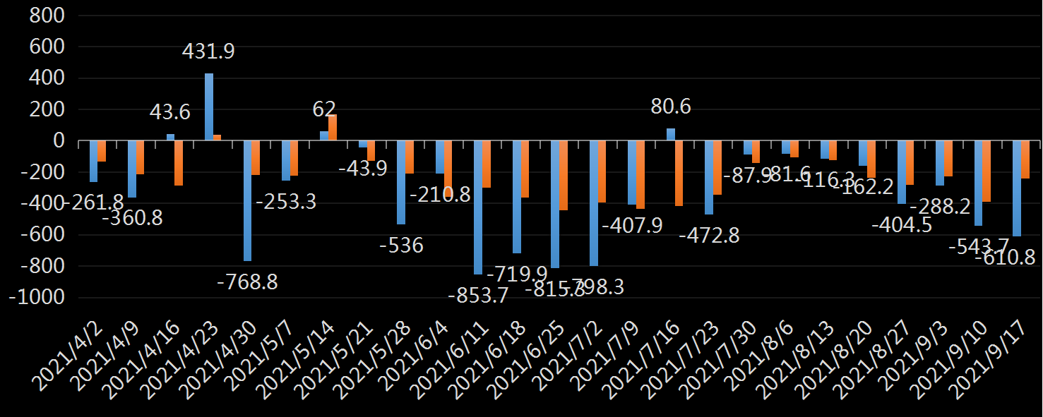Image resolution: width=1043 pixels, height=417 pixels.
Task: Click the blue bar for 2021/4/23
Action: click(209, 107)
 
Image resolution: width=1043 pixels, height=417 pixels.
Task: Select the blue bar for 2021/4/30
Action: click(247, 201)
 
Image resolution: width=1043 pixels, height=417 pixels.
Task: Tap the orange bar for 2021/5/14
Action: click(333, 128)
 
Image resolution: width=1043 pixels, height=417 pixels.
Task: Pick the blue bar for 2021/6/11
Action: click(478, 207)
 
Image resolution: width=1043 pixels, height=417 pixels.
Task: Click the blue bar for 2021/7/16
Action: click(670, 135)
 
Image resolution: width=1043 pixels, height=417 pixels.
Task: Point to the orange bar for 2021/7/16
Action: click(679, 174)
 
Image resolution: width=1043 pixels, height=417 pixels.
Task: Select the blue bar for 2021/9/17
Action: click(1016, 188)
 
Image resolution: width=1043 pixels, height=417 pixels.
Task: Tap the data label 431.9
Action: click(208, 52)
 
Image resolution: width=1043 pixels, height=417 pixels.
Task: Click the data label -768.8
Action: click(247, 282)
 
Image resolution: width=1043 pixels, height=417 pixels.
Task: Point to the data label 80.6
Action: click(670, 107)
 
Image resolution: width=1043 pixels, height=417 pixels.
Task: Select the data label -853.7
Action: click(478, 296)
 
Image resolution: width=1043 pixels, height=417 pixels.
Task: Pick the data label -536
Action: click(401, 246)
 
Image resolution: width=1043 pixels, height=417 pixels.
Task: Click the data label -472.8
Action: click(709, 235)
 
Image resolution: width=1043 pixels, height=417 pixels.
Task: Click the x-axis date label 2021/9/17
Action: click(992, 349)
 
